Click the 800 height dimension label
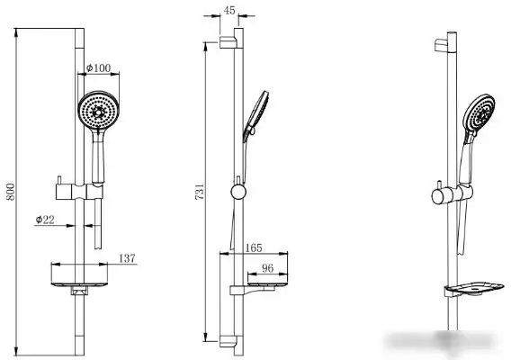[11, 192]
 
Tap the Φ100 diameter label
[98, 68]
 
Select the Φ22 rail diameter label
[45, 220]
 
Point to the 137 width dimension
[127, 258]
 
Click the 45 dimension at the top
[229, 10]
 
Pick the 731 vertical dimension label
[200, 192]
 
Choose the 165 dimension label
[254, 247]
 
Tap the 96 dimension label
[267, 268]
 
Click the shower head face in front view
[98, 110]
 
